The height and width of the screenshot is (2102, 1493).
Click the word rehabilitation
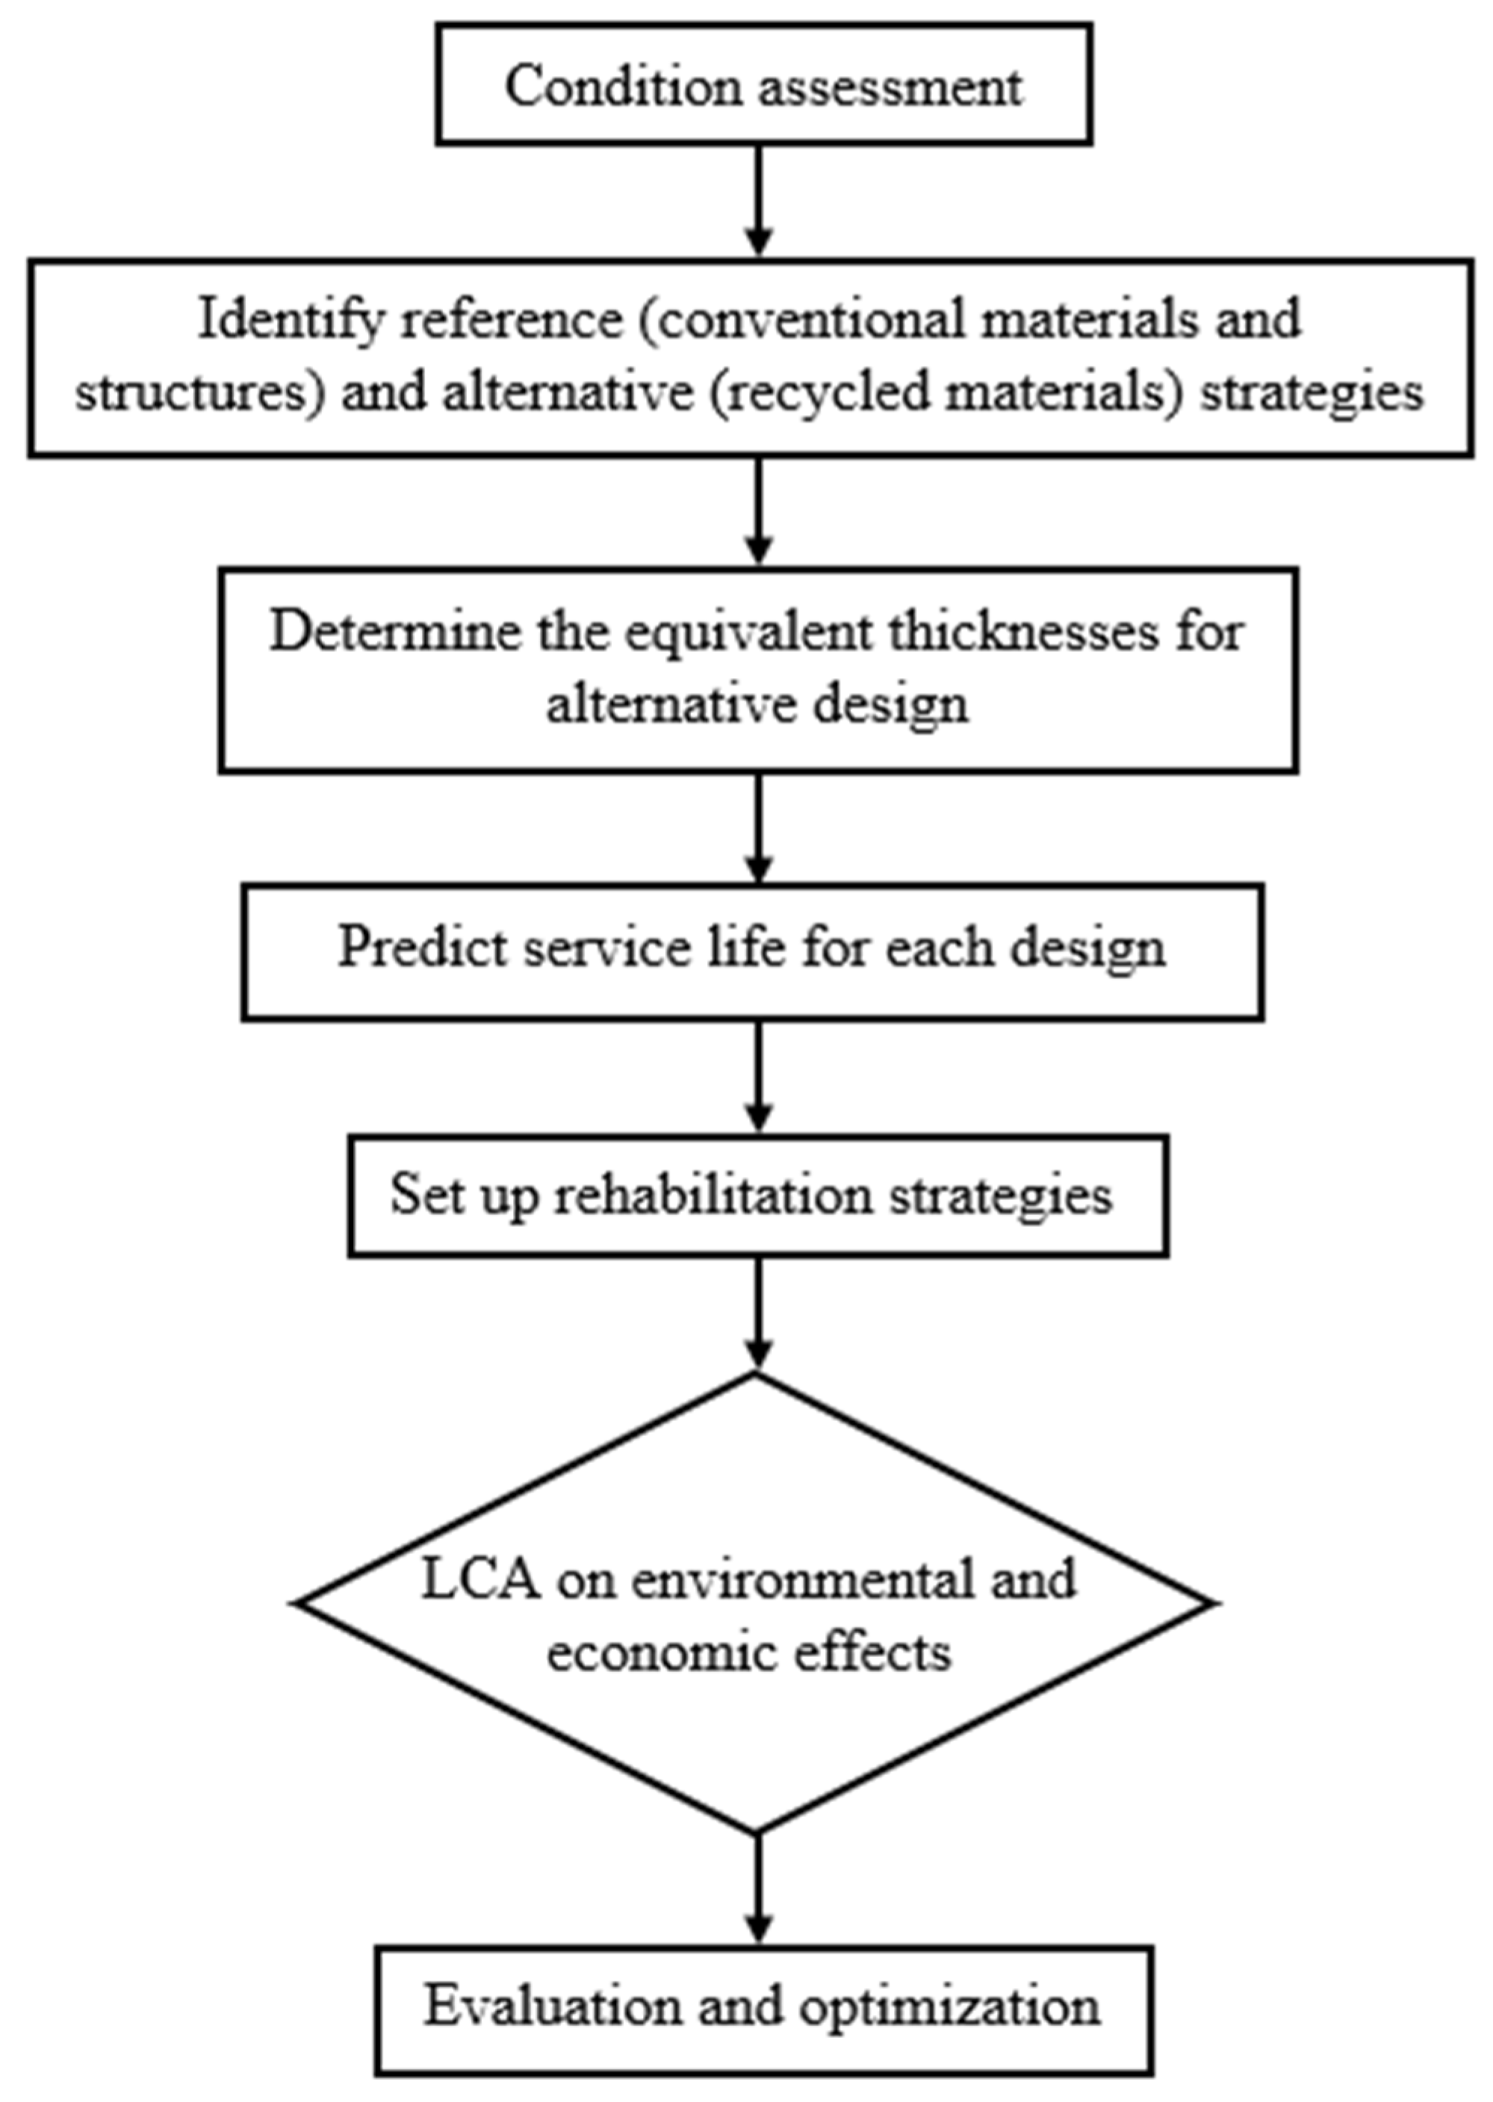[x=713, y=1195]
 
